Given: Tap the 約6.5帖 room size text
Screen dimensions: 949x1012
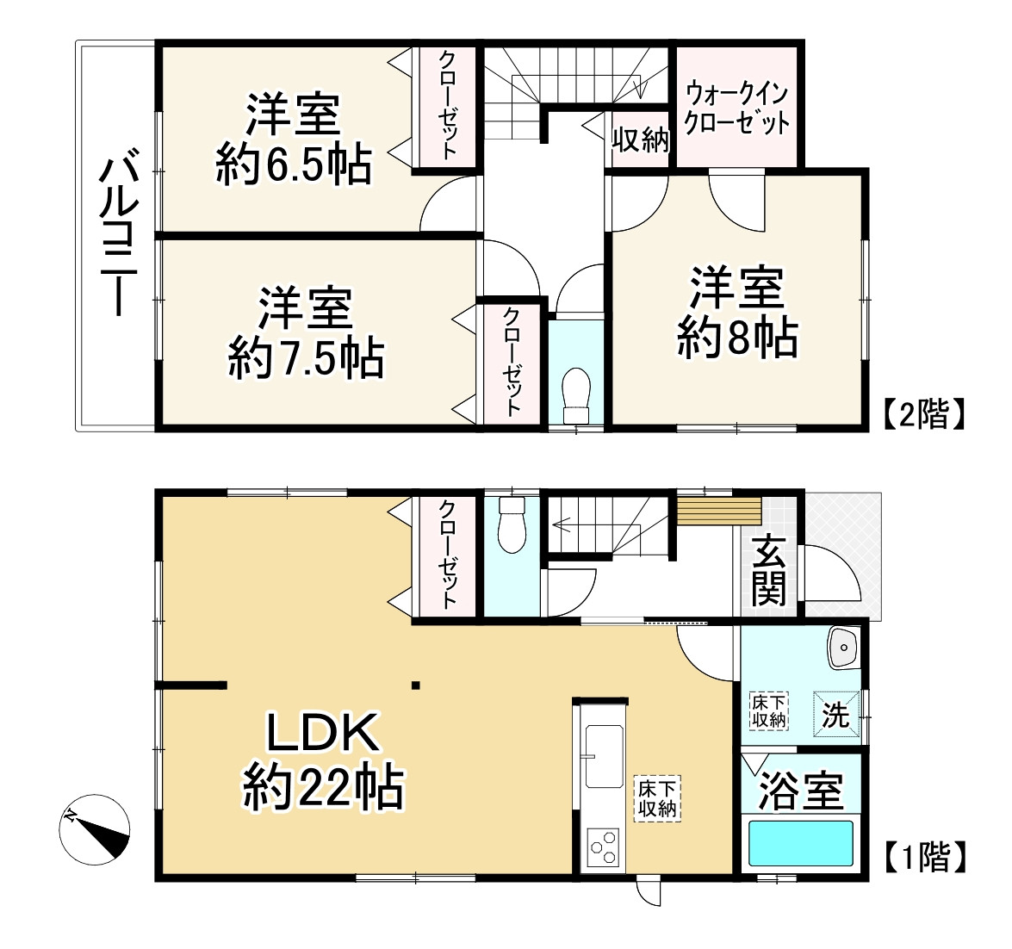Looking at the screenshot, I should [294, 164].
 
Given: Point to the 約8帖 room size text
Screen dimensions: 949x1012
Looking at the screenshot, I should [737, 337].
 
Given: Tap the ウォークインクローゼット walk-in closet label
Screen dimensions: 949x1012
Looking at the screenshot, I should [736, 108].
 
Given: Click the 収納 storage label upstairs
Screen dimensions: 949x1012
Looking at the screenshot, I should [640, 140].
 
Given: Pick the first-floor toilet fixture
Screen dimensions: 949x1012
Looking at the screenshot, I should [512, 524].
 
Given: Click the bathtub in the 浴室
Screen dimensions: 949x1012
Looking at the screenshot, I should [800, 843].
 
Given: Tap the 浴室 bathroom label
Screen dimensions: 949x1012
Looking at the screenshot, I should [800, 790].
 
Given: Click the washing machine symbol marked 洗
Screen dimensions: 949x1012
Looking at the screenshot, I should [835, 715].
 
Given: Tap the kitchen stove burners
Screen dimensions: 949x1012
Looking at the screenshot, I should [602, 846].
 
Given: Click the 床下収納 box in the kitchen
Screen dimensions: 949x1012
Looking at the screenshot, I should [658, 797].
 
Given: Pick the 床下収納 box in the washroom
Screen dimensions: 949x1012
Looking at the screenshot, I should [768, 710].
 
